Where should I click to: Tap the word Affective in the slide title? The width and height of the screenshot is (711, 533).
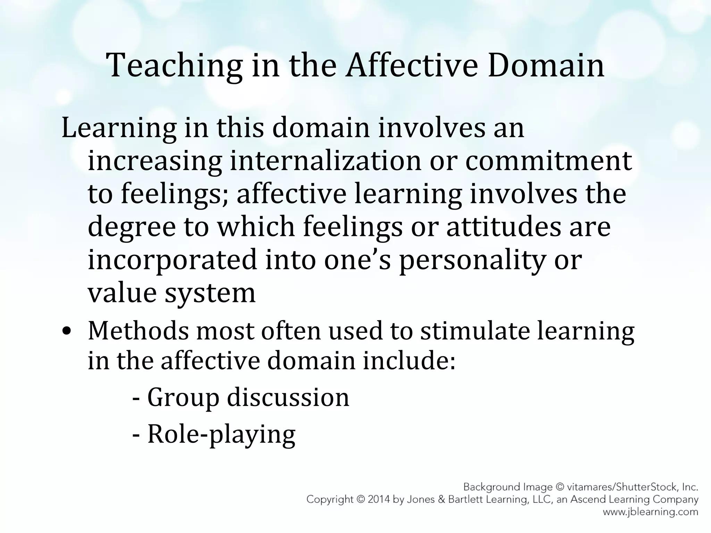411,65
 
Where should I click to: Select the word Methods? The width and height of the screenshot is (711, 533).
138,330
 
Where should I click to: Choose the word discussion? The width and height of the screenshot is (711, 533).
288,397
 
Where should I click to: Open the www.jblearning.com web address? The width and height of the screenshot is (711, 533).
650,512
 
